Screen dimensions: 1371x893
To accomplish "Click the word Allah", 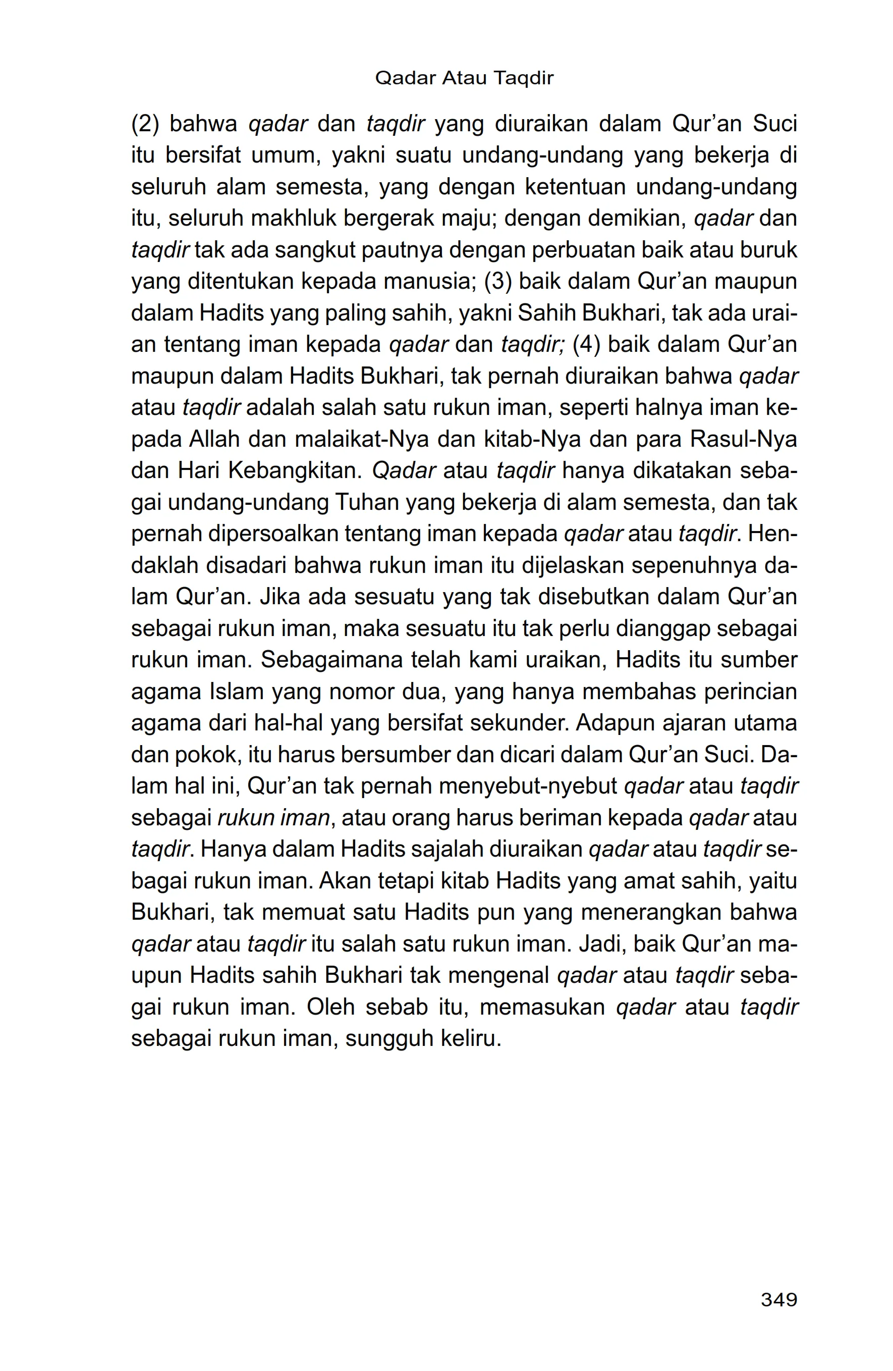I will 213,440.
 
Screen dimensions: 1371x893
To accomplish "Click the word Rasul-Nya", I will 743,440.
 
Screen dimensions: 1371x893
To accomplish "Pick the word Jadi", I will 602,944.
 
